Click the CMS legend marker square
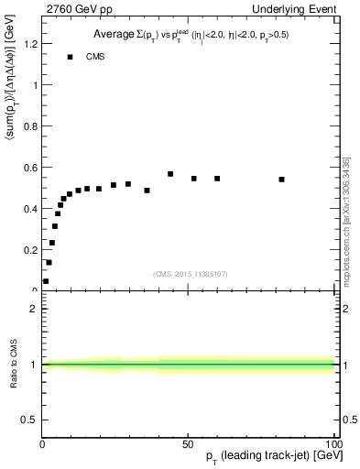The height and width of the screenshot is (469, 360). [70, 57]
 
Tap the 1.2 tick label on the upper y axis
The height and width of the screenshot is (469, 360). [29, 44]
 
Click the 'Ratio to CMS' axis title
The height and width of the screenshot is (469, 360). [15, 364]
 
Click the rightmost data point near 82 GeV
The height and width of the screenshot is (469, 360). [281, 180]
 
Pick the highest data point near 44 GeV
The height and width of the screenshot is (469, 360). [170, 174]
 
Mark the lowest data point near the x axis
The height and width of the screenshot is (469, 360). [46, 281]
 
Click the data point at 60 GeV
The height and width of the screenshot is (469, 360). [217, 179]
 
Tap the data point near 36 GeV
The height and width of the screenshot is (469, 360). [147, 191]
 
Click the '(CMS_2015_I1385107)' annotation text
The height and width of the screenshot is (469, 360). [189, 273]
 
